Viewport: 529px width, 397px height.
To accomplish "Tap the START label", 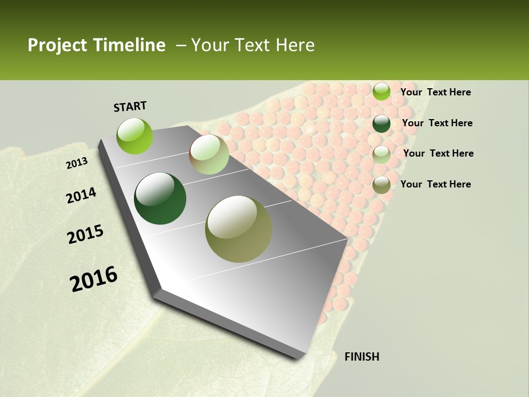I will coord(130,106).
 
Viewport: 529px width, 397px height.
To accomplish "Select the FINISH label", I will coord(361,357).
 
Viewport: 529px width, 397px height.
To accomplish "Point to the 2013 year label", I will coord(77,163).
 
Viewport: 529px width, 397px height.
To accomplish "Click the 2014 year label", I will coord(81,196).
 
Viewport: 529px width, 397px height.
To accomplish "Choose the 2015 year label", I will coord(85,234).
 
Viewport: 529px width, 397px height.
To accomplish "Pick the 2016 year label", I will coord(94,279).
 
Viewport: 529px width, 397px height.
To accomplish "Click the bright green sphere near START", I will coord(135,136).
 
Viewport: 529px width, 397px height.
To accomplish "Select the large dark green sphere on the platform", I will coord(160,198).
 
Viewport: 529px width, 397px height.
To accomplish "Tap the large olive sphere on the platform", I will coord(239,229).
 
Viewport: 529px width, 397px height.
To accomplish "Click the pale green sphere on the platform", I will coord(209,154).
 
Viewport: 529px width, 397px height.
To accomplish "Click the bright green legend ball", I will coord(381,92).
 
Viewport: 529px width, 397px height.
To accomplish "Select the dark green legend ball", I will coord(381,123).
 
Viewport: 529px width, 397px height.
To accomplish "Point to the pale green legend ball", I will coord(381,154).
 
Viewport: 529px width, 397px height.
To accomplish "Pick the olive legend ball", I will coord(381,184).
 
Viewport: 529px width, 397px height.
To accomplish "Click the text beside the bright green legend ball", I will coord(435,92).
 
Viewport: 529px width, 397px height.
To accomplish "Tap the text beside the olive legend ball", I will coord(435,184).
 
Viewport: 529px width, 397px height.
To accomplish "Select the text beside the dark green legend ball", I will coord(437,123).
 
